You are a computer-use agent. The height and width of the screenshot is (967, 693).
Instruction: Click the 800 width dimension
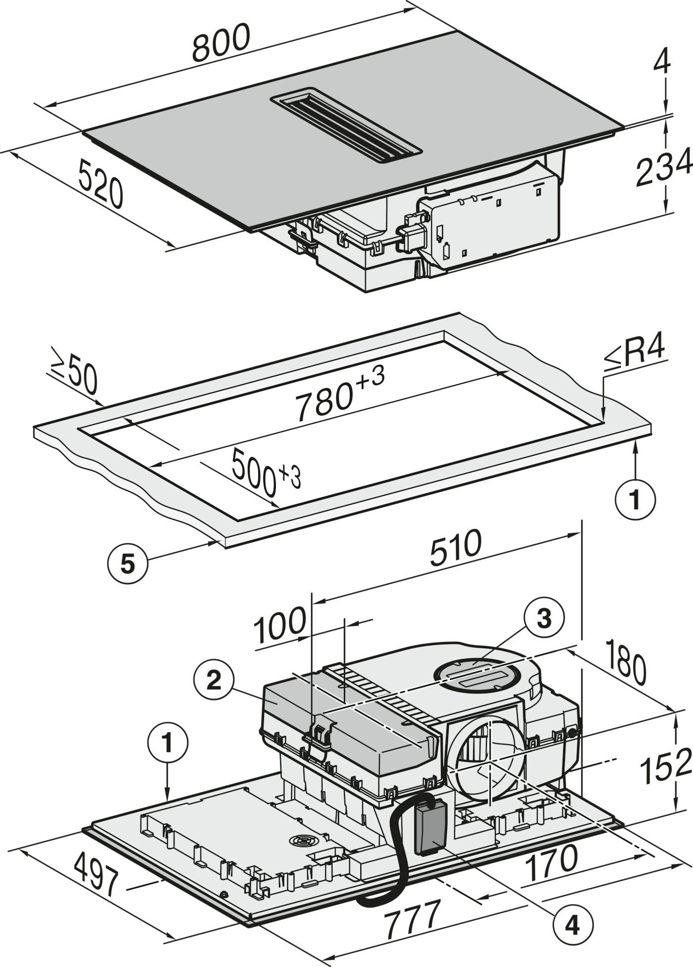click(221, 43)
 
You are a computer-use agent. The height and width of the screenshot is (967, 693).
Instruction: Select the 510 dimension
click(455, 547)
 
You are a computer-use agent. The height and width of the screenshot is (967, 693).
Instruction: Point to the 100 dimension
click(280, 625)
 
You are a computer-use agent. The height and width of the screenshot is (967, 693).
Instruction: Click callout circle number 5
click(128, 564)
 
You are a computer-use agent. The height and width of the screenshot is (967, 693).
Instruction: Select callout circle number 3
click(544, 618)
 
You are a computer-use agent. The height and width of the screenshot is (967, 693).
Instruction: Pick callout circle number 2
click(214, 681)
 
